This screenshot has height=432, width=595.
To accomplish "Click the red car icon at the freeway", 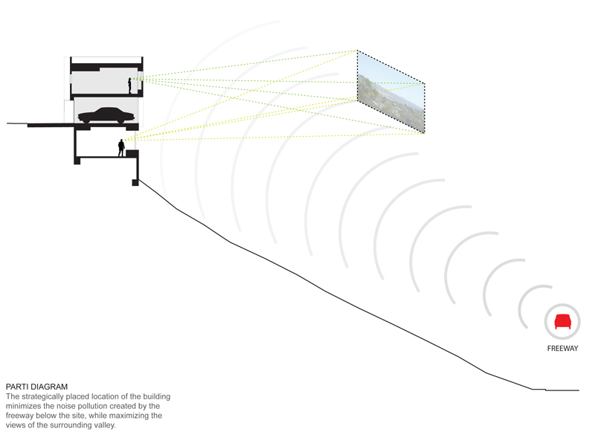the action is coord(562,321).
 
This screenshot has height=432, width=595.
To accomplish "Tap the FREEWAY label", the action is coord(562,348).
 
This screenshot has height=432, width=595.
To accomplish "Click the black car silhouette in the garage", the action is coord(106,115).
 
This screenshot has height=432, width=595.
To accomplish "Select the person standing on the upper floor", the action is coord(129,86).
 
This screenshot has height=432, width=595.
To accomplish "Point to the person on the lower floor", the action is coord(121,148).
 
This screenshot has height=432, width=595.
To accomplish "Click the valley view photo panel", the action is coord(391,91).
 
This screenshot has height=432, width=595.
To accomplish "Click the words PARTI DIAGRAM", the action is coord(36,387).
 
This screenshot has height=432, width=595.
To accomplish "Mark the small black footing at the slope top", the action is coord(135,182).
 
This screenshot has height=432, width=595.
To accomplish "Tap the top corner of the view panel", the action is coord(357,51).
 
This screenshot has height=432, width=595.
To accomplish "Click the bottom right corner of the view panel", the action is coord(424,133).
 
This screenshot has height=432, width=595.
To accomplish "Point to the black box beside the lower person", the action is coord(132,153).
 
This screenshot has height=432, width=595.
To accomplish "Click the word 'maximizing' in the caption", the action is coord(129,416).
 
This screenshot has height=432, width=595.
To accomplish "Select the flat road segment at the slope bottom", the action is coord(562,390).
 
